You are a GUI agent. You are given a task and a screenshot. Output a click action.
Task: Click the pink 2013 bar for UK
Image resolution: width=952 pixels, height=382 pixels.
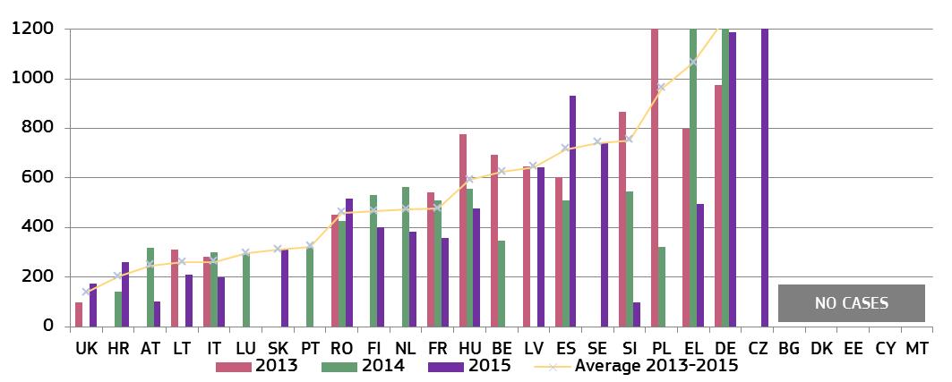tap(79, 314)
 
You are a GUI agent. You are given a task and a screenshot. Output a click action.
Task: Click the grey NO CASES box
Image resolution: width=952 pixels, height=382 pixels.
tap(851, 303)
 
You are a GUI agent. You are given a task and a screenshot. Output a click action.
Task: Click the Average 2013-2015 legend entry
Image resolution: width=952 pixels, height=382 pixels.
tap(636, 366)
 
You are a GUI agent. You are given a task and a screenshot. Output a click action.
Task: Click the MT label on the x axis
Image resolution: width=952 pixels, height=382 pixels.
tap(916, 348)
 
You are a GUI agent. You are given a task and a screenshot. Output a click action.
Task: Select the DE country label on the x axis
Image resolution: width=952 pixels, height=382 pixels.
tap(725, 348)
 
